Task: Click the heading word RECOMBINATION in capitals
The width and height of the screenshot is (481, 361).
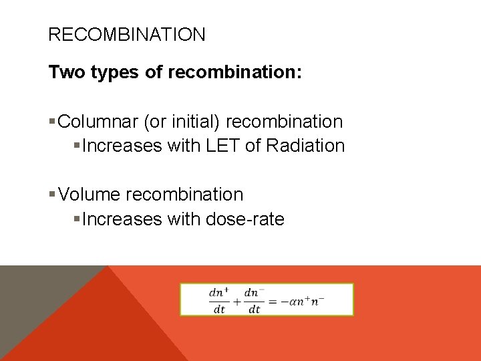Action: pyautogui.click(x=127, y=35)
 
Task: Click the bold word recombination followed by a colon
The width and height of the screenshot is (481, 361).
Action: pyautogui.click(x=235, y=72)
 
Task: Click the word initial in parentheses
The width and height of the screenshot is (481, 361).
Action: pyautogui.click(x=198, y=122)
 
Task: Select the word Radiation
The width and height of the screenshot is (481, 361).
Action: pyautogui.click(x=305, y=146)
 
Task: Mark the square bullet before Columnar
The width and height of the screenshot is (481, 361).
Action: pyautogui.click(x=53, y=122)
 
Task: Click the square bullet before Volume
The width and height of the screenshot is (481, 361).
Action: pyautogui.click(x=53, y=195)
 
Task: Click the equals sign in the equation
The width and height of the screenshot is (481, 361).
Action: pyautogui.click(x=272, y=301)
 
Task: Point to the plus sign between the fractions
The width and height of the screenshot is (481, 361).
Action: pyautogui.click(x=236, y=301)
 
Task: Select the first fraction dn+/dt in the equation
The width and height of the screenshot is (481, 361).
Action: pyautogui.click(x=219, y=300)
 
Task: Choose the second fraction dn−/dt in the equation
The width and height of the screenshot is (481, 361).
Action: pyautogui.click(x=254, y=300)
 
